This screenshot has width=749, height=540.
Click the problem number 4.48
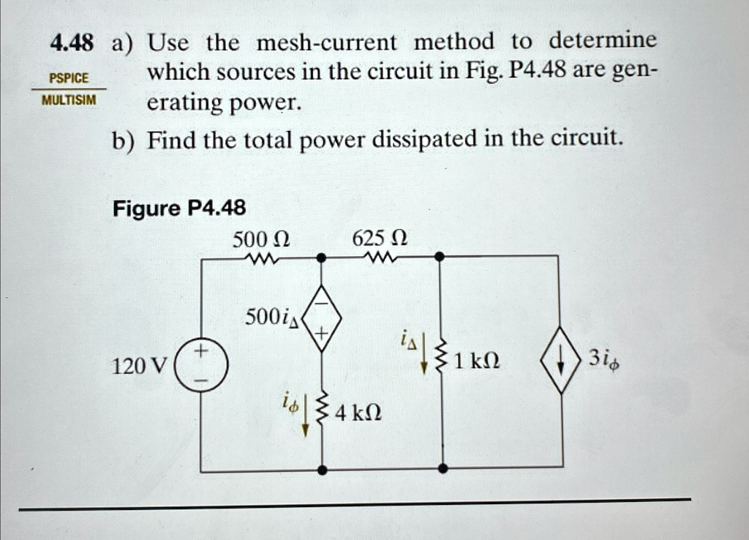tap(72, 43)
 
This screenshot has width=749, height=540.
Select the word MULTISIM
tap(68, 100)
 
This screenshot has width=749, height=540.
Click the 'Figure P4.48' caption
tap(179, 209)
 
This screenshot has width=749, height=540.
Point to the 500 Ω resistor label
tap(261, 239)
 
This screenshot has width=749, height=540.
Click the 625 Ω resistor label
tap(380, 239)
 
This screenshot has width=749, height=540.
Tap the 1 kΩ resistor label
tap(476, 361)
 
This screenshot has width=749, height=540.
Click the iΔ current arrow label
tap(408, 338)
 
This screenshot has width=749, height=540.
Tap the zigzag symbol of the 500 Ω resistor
tap(261, 258)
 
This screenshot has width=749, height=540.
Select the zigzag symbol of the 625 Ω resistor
tap(380, 258)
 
